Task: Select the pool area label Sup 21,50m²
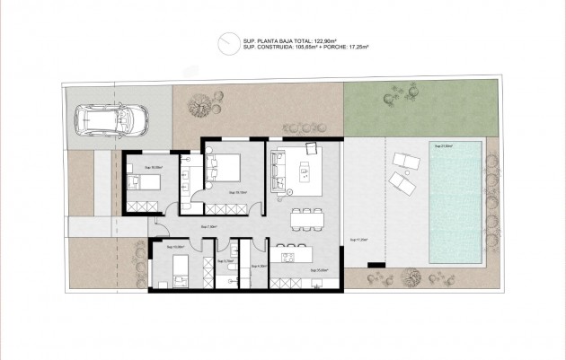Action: click(443, 145)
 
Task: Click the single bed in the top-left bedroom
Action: click(143, 183)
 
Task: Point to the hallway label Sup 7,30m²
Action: click(209, 227)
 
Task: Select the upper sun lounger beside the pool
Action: click(405, 162)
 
